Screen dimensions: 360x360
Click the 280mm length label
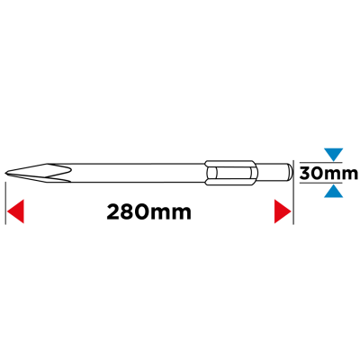coord(148,212)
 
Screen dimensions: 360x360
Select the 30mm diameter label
coord(328,173)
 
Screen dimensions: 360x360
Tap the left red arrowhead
coord(15,211)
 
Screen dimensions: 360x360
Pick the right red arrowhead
coord(283,211)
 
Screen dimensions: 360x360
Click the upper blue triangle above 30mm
coord(333,154)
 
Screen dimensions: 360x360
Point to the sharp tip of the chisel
coord(5,173)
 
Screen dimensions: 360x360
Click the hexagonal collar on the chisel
coord(230,173)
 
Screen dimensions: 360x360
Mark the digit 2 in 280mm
coord(113,212)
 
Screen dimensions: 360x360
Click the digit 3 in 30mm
coord(306,174)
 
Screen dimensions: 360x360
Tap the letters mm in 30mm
coord(343,175)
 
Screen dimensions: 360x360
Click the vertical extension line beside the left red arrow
coord(5,202)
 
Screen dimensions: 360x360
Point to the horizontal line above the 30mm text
coord(320,162)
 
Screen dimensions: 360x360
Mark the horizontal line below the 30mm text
coord(320,183)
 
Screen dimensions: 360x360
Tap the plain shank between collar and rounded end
coord(272,172)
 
